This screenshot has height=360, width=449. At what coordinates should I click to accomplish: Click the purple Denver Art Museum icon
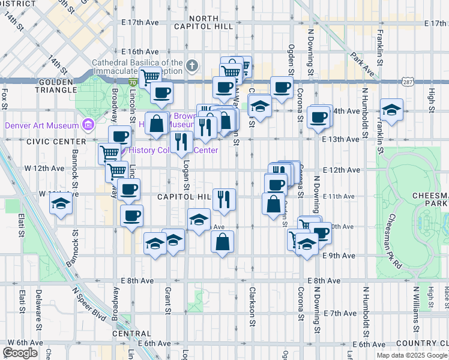point(88,125)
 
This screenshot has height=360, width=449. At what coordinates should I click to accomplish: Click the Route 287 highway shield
point(408,82)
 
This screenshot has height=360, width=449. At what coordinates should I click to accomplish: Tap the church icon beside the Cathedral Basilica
point(192,65)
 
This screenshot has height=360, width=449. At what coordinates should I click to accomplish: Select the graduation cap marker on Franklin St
point(391,110)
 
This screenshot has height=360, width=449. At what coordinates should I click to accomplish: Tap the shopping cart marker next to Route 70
point(150,76)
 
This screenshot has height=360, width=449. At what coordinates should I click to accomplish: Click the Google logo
point(20,352)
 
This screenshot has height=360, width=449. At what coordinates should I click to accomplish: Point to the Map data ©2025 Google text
point(412,355)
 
